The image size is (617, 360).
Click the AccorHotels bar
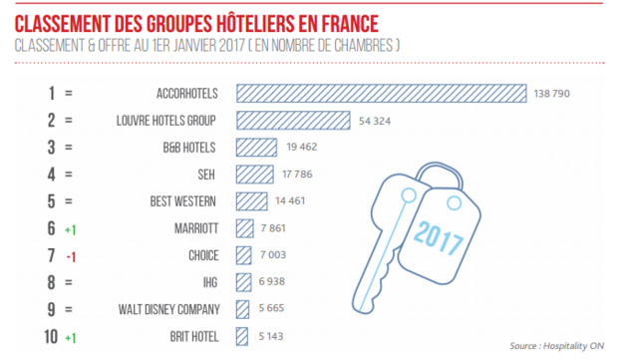tap(381, 93)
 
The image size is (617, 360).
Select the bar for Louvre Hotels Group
tap(291, 120)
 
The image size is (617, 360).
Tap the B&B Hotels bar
tap(255, 147)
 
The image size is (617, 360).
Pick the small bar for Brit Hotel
tap(241, 336)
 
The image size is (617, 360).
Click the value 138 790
tap(556, 93)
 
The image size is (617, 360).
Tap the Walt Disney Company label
tap(165, 309)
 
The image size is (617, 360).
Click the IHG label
tap(207, 282)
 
